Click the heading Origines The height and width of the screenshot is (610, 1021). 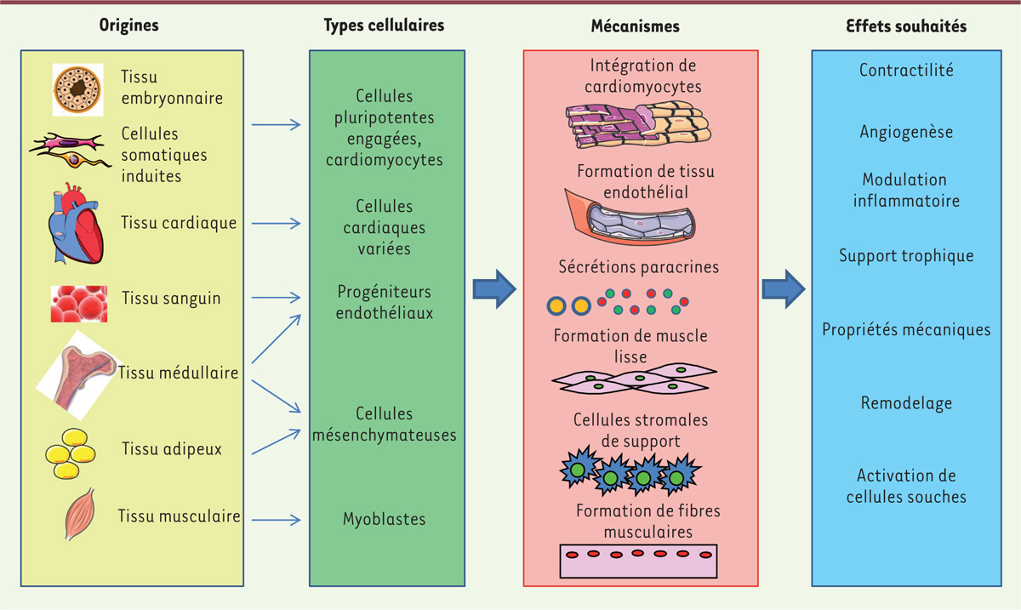(128, 26)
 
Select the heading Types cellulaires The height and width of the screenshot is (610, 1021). (384, 26)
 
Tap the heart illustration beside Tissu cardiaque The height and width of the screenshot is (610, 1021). (77, 223)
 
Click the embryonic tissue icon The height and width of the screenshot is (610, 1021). (77, 89)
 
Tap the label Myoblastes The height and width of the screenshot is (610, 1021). (385, 519)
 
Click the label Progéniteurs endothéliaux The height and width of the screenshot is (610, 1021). (385, 303)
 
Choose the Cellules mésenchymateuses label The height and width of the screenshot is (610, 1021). (385, 425)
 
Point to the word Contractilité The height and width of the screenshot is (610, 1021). (906, 71)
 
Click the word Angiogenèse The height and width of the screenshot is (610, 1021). (906, 133)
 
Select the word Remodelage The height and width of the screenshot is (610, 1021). (906, 403)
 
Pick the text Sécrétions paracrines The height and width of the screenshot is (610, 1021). (638, 267)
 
